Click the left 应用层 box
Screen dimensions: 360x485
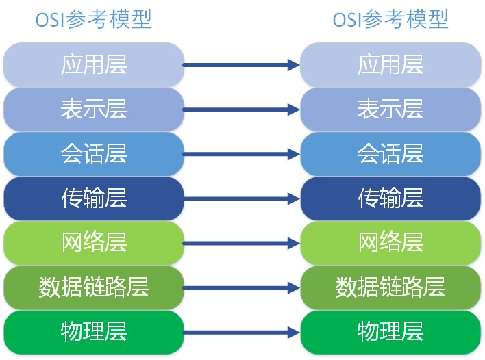click(94, 64)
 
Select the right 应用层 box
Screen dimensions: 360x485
click(390, 64)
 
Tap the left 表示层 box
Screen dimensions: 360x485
click(94, 109)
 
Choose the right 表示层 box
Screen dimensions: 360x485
click(390, 109)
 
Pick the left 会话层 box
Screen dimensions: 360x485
click(94, 153)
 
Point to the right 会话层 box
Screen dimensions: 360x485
click(390, 153)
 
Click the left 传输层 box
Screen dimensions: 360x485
click(94, 198)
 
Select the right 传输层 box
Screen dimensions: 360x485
click(390, 198)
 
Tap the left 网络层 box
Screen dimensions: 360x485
click(94, 242)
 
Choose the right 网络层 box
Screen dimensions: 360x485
click(390, 242)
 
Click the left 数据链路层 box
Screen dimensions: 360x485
click(94, 287)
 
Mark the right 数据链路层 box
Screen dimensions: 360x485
click(390, 287)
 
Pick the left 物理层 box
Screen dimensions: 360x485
click(94, 332)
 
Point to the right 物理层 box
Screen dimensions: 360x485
click(390, 332)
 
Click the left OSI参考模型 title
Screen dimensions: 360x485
click(94, 19)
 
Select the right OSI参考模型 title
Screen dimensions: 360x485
click(390, 19)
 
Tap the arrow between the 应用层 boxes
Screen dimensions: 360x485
click(242, 65)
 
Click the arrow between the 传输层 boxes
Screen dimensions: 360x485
click(242, 198)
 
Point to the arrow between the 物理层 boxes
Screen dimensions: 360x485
click(242, 333)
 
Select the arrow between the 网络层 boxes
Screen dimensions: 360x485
click(242, 243)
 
